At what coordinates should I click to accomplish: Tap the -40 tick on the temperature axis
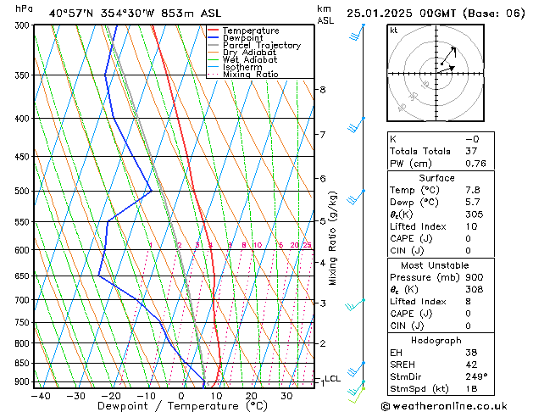[x=40, y=395]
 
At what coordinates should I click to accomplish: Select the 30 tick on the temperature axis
[x=286, y=395]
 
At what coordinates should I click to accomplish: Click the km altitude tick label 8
[x=322, y=90]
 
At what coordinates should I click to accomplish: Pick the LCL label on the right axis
[x=332, y=379]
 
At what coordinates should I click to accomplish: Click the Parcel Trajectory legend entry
[x=261, y=46]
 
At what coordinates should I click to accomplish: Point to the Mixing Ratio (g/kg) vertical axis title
[x=333, y=238]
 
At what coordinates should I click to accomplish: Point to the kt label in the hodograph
[x=393, y=31]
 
